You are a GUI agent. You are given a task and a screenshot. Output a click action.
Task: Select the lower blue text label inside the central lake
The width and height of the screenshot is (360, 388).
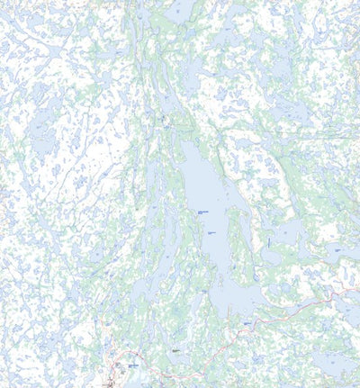point(212,232)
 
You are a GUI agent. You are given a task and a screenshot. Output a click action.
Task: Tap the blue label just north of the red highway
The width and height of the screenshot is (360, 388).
point(247,322)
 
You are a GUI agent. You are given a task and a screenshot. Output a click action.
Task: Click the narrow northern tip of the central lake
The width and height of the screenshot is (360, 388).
point(184,144)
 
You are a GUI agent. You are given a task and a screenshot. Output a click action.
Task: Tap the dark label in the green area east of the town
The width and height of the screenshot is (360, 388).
point(175,351)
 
